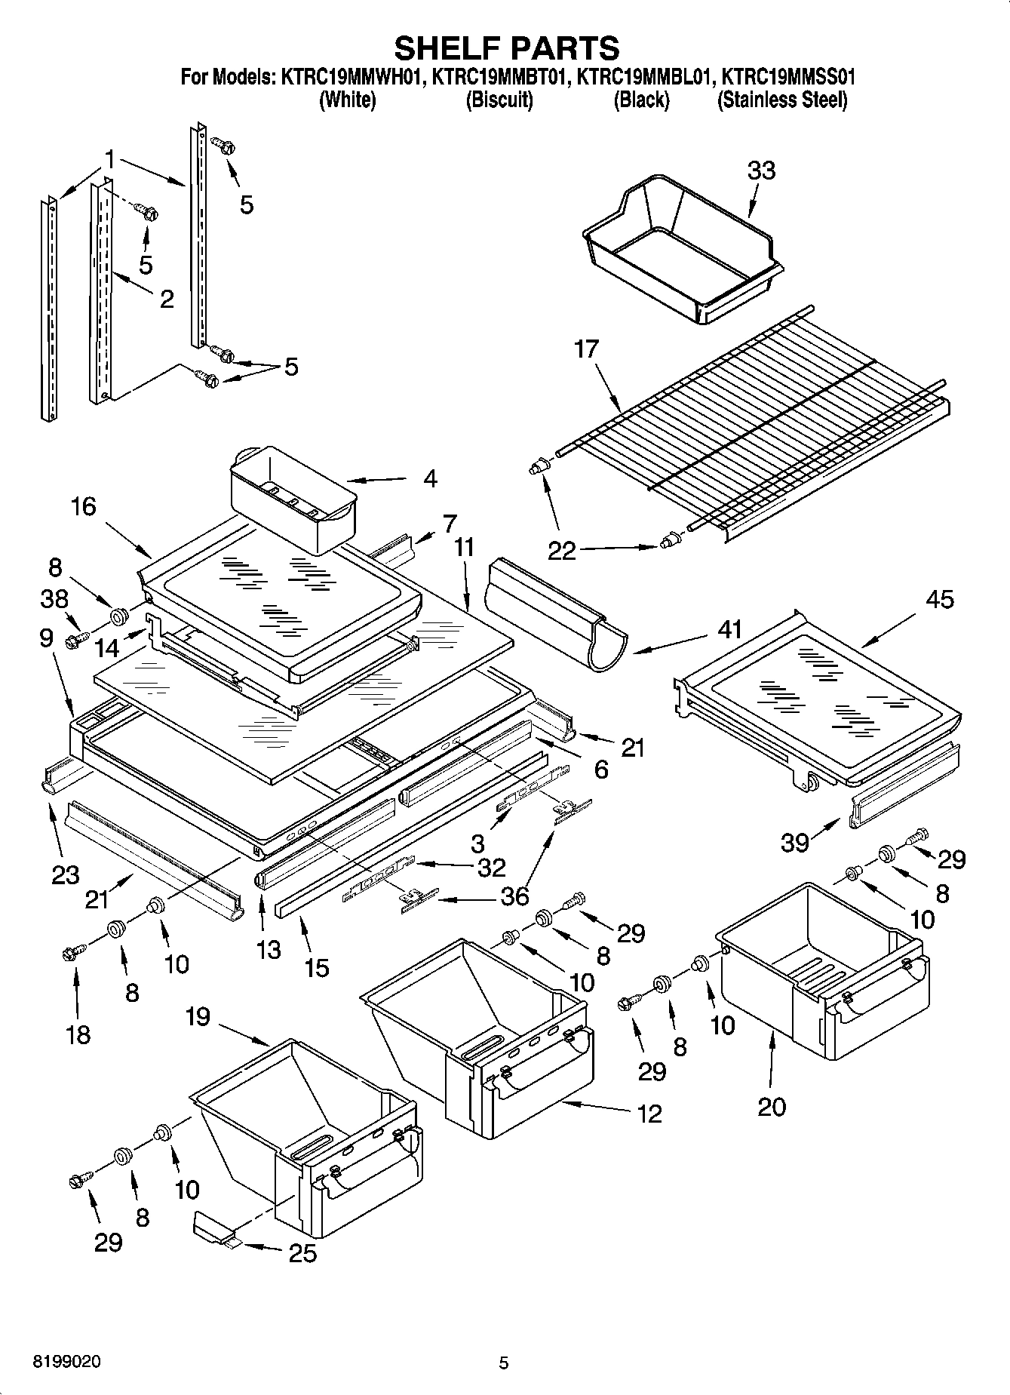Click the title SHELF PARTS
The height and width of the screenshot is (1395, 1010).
(x=507, y=48)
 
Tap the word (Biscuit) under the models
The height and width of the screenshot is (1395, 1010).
(x=499, y=100)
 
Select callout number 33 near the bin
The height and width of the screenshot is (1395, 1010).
(x=761, y=171)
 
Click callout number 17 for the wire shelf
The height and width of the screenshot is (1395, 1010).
(x=586, y=349)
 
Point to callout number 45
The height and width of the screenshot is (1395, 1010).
(x=938, y=599)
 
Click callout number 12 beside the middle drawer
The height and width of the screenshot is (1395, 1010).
(x=649, y=1113)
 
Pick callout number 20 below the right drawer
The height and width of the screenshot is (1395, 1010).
(x=772, y=1106)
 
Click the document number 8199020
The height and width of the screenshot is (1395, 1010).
(x=66, y=1361)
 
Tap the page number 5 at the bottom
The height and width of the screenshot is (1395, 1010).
(x=504, y=1363)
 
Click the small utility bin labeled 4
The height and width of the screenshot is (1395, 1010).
(x=293, y=498)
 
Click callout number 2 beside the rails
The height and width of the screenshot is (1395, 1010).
(x=167, y=299)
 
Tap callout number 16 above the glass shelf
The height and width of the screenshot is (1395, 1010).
(x=83, y=506)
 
